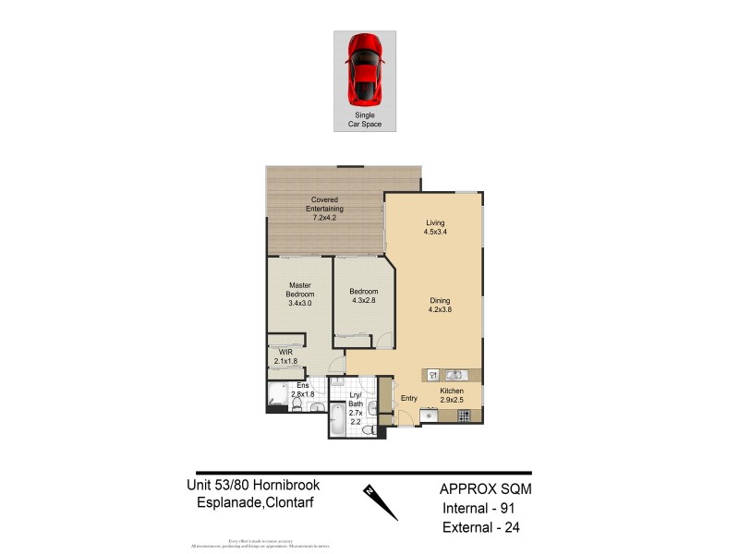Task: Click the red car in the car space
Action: coord(365,68)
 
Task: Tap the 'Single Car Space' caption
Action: coord(365,118)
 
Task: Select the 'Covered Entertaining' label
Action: coord(324,209)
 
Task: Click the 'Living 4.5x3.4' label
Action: coord(435,227)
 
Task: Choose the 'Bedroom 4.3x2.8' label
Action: coord(364,295)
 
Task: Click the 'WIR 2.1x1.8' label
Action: coord(285,356)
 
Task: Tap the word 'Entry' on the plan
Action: coord(409,399)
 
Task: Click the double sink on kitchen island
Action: coord(454,375)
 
